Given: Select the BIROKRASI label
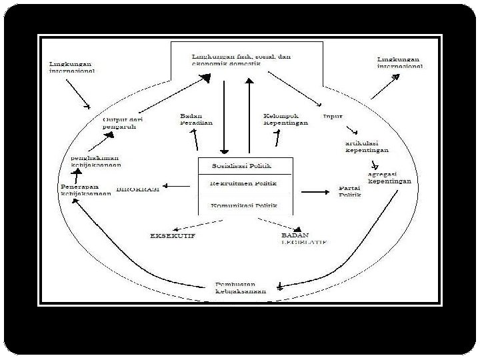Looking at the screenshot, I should [138, 189].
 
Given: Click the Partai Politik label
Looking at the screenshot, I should [349, 191].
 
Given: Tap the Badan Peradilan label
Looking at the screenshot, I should [195, 119].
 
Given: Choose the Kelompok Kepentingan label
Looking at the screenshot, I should [285, 119].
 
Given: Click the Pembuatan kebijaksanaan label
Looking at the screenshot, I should [240, 287].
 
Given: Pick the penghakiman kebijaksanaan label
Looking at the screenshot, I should [96, 161].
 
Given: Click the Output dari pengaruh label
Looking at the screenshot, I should [123, 123].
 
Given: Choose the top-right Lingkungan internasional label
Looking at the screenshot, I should [399, 63].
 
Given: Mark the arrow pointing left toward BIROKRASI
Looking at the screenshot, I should [176, 187].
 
